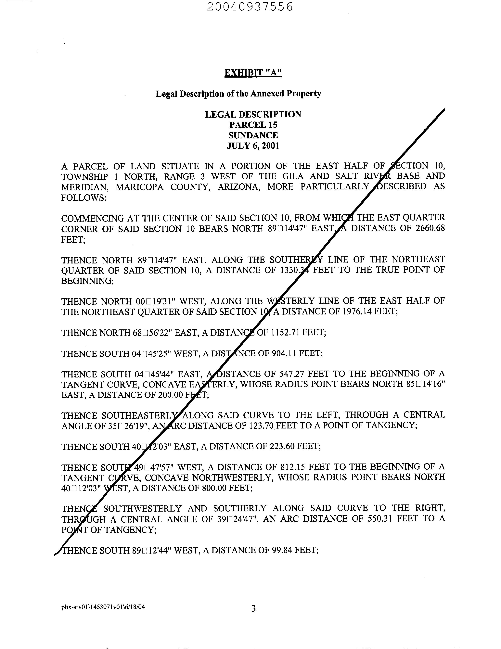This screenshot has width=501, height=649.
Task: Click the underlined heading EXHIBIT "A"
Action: (x=253, y=72)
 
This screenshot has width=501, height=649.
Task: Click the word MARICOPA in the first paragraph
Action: (x=139, y=187)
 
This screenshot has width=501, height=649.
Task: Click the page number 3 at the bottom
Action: (x=253, y=609)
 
